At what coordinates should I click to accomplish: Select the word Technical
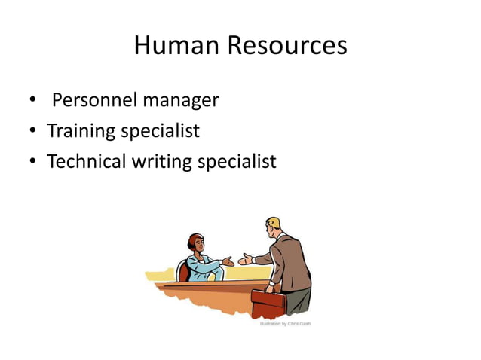point(85,161)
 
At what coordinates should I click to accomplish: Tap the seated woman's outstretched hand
point(228,261)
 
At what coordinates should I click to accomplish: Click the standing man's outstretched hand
point(245,261)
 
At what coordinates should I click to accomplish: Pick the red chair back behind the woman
point(182,270)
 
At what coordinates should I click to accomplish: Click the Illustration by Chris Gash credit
point(285,324)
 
